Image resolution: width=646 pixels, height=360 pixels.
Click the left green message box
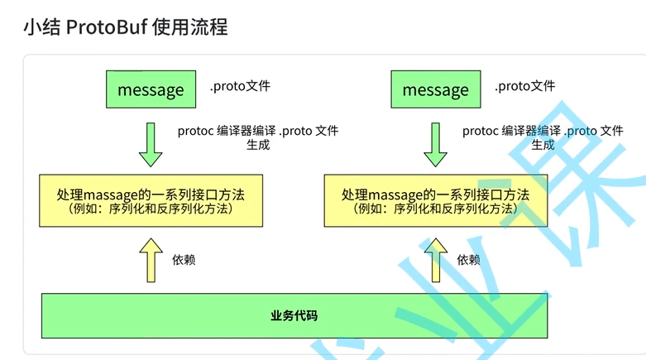tap(151, 89)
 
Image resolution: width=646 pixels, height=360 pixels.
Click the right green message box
tap(435, 89)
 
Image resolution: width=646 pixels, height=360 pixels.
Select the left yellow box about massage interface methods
tap(151, 200)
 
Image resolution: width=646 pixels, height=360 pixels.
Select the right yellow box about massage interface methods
tap(435, 200)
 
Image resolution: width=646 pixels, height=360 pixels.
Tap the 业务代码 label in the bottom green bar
tap(294, 315)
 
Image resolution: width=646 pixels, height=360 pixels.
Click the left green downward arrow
tap(151, 144)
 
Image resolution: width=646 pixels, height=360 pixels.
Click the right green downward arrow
tap(435, 144)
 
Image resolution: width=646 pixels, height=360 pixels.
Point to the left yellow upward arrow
tap(151, 259)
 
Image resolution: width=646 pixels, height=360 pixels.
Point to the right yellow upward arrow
tap(435, 259)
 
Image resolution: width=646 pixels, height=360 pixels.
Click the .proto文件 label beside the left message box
tap(239, 86)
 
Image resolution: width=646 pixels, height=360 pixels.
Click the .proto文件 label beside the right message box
tap(524, 86)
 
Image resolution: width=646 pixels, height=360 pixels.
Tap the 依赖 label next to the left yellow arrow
tap(184, 260)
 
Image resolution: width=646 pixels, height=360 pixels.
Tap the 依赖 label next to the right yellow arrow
tap(468, 260)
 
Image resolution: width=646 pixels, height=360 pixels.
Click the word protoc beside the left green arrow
tap(195, 131)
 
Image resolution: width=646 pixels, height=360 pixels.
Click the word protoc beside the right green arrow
tap(480, 131)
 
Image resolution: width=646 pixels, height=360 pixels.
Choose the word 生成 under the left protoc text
tap(258, 145)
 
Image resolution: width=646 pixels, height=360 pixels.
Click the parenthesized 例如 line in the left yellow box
tap(151, 209)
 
